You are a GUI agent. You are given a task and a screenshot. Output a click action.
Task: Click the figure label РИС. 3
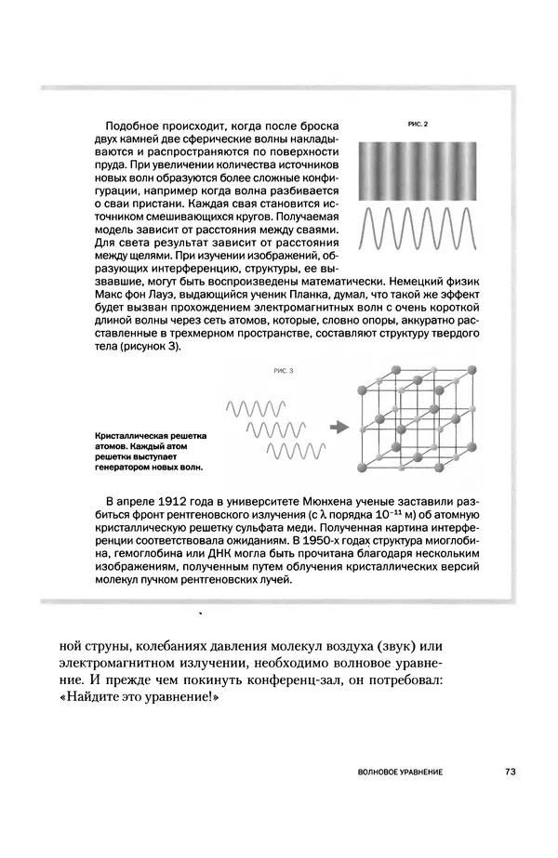(283, 371)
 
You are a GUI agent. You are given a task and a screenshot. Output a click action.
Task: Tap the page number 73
(511, 772)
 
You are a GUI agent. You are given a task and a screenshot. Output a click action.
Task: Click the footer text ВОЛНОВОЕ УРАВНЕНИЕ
(399, 772)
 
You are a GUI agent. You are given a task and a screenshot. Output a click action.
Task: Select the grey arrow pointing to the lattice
(338, 427)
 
